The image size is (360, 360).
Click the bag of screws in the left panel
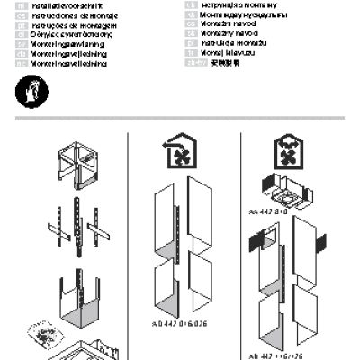pyautogui.click(x=42, y=336)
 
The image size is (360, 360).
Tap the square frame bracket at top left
pyautogui.click(x=76, y=161)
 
